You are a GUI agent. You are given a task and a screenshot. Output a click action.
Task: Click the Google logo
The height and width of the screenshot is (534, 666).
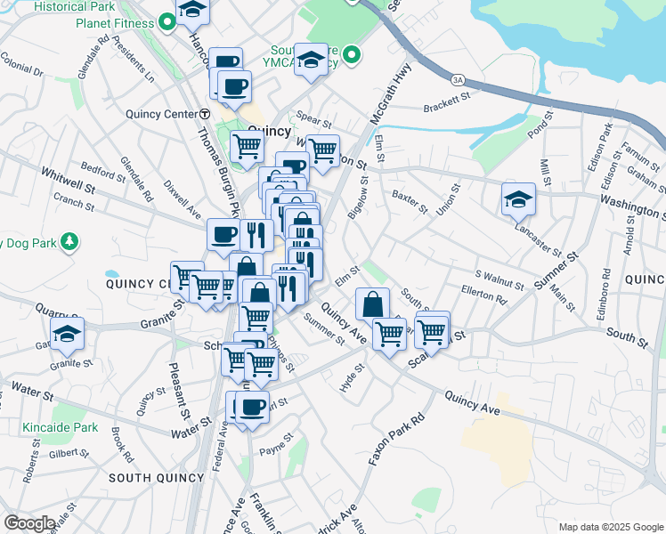(x=29, y=523)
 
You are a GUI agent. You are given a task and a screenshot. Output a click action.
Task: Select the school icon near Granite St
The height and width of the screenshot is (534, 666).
(x=68, y=334)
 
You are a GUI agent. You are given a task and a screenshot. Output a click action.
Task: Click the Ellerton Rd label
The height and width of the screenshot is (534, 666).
(x=483, y=295)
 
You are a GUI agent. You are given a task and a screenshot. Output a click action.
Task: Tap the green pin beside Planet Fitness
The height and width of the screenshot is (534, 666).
(x=168, y=23)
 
